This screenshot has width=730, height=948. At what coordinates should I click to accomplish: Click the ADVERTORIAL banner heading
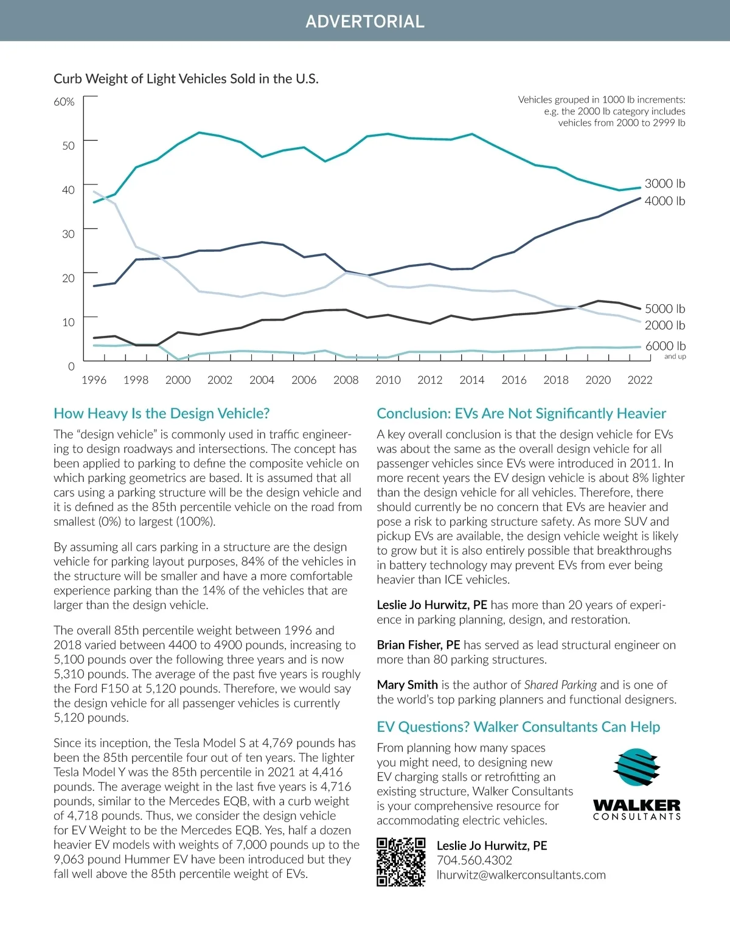tap(365, 21)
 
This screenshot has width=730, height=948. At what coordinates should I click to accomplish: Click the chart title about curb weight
tap(186, 78)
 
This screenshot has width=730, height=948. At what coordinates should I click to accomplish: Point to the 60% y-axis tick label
tap(64, 102)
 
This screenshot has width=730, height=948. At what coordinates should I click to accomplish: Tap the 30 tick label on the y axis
tap(68, 234)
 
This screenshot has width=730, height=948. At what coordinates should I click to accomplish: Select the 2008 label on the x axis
tap(346, 380)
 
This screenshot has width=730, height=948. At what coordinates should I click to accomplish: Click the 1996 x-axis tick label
tap(94, 380)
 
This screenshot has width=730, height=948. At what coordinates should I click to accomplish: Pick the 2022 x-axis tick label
tap(639, 380)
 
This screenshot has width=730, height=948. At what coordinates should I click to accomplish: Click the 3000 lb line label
tap(664, 184)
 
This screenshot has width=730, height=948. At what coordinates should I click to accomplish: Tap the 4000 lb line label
tap(664, 201)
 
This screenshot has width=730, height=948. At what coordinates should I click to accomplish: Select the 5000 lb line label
tap(664, 308)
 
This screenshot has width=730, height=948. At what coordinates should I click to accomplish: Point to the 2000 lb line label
tap(664, 326)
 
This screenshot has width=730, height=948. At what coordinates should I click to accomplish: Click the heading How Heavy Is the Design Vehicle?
tap(162, 414)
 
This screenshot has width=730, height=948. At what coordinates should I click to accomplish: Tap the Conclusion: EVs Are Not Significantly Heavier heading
tap(521, 414)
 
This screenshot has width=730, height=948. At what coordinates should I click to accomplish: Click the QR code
tap(401, 862)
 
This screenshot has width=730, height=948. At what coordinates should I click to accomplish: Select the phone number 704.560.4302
tap(474, 860)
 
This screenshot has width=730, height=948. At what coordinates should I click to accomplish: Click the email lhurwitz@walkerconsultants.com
tap(521, 875)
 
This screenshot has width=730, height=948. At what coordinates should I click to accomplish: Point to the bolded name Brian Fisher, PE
tap(419, 645)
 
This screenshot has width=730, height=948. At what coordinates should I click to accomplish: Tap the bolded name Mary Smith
tap(407, 685)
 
